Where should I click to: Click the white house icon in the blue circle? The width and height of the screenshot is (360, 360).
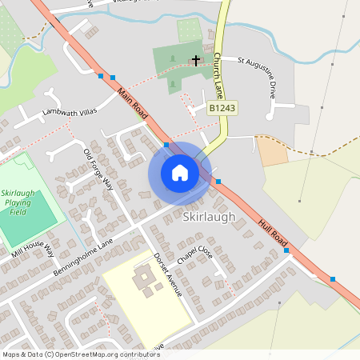point(180,172)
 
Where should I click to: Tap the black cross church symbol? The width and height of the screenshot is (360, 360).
point(196,60)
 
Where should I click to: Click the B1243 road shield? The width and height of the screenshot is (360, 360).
point(222,107)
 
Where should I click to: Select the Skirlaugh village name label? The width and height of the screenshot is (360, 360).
point(208,217)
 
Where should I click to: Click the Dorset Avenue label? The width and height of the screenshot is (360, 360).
point(168,274)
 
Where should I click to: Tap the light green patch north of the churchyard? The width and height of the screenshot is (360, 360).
point(190,30)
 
